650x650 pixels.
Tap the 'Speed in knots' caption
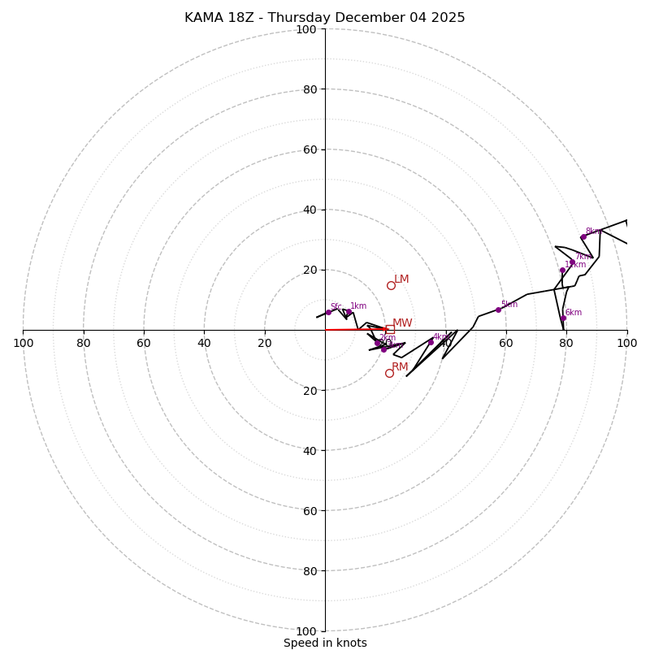[x=325, y=643]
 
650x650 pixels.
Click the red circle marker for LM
[x=391, y=285]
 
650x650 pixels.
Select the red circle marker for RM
[x=389, y=373]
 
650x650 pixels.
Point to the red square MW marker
[x=390, y=329]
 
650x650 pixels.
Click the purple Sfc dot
[x=328, y=312]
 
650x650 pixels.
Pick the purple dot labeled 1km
[x=349, y=312]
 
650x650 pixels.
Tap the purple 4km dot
[x=431, y=342]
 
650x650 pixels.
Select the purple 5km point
[x=498, y=310]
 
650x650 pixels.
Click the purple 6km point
[x=563, y=318]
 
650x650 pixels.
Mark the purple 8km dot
[x=583, y=237]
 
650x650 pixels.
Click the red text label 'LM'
[x=401, y=279]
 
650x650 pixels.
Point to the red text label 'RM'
[x=400, y=367]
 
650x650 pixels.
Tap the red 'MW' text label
[x=402, y=323]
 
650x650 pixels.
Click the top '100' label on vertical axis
[x=306, y=29]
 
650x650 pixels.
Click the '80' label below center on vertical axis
[x=310, y=570]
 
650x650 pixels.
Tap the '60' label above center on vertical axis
[x=310, y=149]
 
